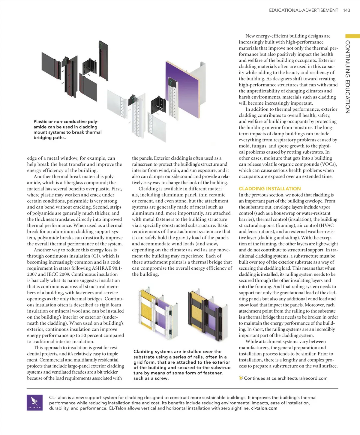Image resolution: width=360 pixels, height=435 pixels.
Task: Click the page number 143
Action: [x=346, y=10]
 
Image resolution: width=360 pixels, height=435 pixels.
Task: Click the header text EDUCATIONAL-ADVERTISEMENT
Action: [x=303, y=10]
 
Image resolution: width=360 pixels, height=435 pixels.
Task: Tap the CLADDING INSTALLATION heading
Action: [x=269, y=189]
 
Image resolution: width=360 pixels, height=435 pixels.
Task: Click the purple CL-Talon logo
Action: [x=35, y=403]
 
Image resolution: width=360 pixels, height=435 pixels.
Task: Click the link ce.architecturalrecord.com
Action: [x=299, y=378]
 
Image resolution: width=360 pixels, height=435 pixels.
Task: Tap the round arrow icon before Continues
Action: [x=241, y=378]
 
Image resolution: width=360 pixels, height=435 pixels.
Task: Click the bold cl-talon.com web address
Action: [x=264, y=408]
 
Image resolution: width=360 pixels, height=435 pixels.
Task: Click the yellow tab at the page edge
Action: [x=352, y=36]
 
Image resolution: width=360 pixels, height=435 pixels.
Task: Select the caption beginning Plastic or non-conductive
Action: [x=67, y=130]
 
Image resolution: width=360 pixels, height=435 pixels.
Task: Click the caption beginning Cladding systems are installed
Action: [x=182, y=365]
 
